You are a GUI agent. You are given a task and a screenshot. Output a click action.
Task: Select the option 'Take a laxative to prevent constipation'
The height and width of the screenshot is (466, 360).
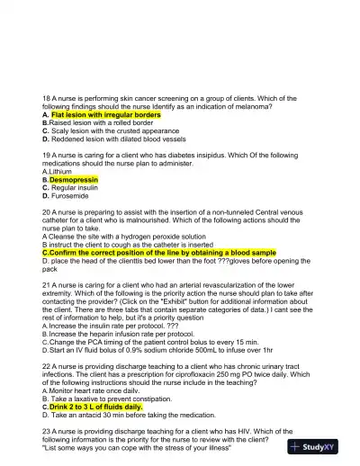[x=107, y=399]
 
